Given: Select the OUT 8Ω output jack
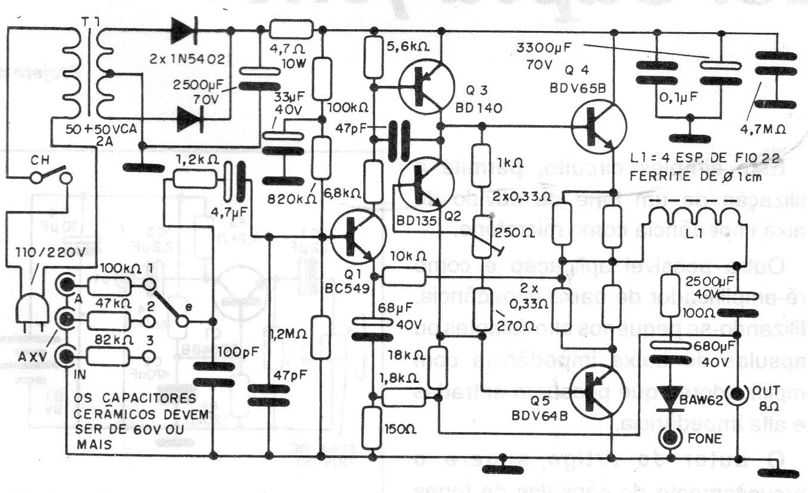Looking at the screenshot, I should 738,394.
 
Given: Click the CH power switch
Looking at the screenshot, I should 52,178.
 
